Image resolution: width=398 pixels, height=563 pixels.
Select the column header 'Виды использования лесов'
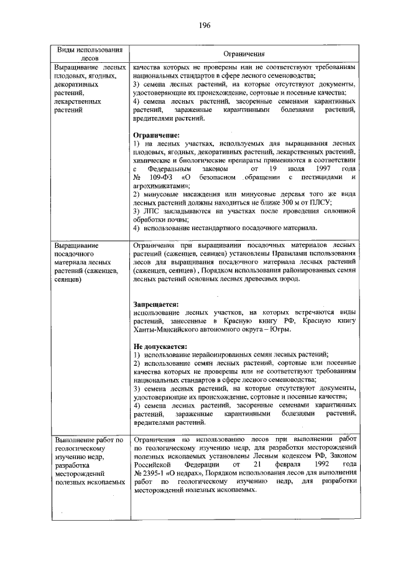[88, 54]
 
